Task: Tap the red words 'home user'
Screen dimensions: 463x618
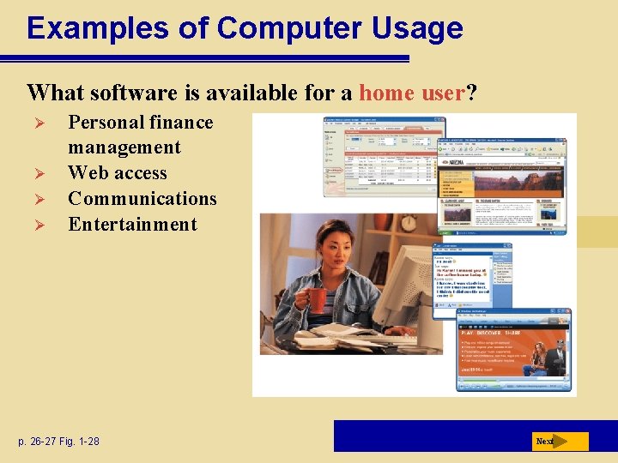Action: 411,92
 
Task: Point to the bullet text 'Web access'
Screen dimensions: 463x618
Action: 118,172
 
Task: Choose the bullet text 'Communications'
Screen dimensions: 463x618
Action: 142,198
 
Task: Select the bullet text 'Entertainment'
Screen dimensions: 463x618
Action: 132,224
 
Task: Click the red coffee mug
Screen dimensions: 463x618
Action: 317,300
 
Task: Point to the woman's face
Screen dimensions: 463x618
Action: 330,249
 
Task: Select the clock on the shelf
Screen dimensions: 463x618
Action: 408,223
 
